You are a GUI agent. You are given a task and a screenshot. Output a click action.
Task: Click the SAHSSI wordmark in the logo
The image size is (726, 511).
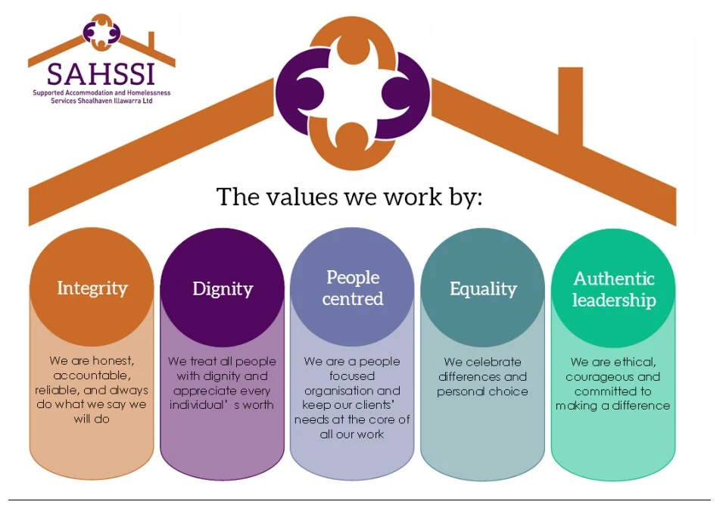click(101, 74)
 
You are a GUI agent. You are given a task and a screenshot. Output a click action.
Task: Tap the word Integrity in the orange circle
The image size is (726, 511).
click(92, 288)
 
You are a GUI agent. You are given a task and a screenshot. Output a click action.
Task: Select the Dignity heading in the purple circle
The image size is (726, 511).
click(223, 289)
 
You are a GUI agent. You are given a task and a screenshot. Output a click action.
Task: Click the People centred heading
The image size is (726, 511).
click(353, 288)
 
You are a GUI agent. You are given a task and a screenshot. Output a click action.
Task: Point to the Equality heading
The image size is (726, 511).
click(483, 289)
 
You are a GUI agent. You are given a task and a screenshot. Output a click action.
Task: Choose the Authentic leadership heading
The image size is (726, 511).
click(614, 289)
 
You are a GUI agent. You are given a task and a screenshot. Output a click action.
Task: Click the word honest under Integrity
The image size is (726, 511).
click(113, 360)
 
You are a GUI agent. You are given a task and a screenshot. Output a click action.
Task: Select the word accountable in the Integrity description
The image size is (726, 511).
click(92, 375)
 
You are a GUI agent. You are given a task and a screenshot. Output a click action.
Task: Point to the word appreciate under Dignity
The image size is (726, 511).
click(205, 391)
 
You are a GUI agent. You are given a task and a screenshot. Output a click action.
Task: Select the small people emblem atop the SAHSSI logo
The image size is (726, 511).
click(101, 32)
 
